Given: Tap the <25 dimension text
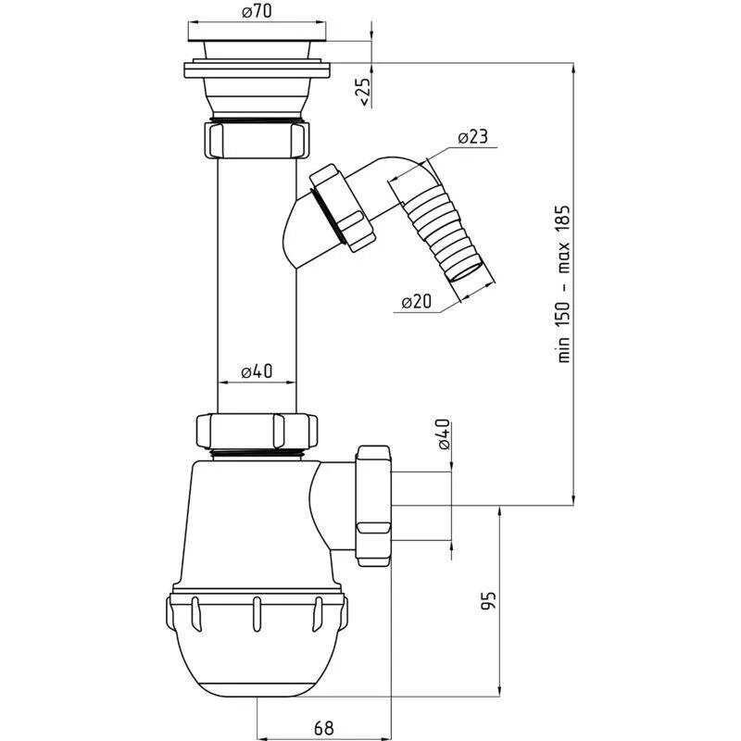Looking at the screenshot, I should (x=365, y=92).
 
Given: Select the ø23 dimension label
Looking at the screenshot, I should (x=471, y=136).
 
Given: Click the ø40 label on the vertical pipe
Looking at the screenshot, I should (x=256, y=371).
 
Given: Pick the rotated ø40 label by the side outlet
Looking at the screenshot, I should (x=443, y=434).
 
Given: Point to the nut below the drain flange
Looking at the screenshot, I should (x=256, y=139).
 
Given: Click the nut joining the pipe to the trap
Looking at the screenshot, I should (x=256, y=431).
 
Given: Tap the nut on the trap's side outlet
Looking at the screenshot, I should (x=372, y=504).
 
